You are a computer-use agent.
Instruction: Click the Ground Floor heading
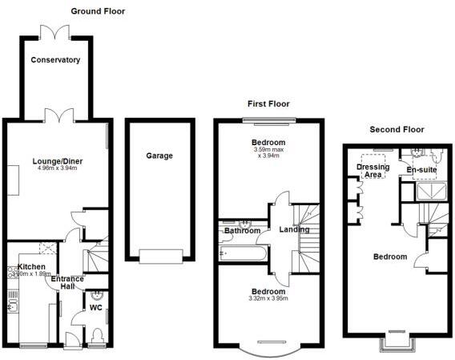coord(98,11)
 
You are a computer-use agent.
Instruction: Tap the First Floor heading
coord(268,103)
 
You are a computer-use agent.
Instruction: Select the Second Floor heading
coord(397,129)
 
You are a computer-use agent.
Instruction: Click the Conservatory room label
coord(55,60)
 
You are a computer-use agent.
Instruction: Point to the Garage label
coord(159,156)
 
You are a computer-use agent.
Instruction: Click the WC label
coord(95,307)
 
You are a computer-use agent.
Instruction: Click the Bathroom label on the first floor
coord(243,231)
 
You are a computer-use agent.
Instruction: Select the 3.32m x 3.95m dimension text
coord(268,299)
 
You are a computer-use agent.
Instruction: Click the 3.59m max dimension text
coord(269,149)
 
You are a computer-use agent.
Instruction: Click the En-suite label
coord(421,171)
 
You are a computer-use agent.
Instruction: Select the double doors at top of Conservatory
coord(55,32)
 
